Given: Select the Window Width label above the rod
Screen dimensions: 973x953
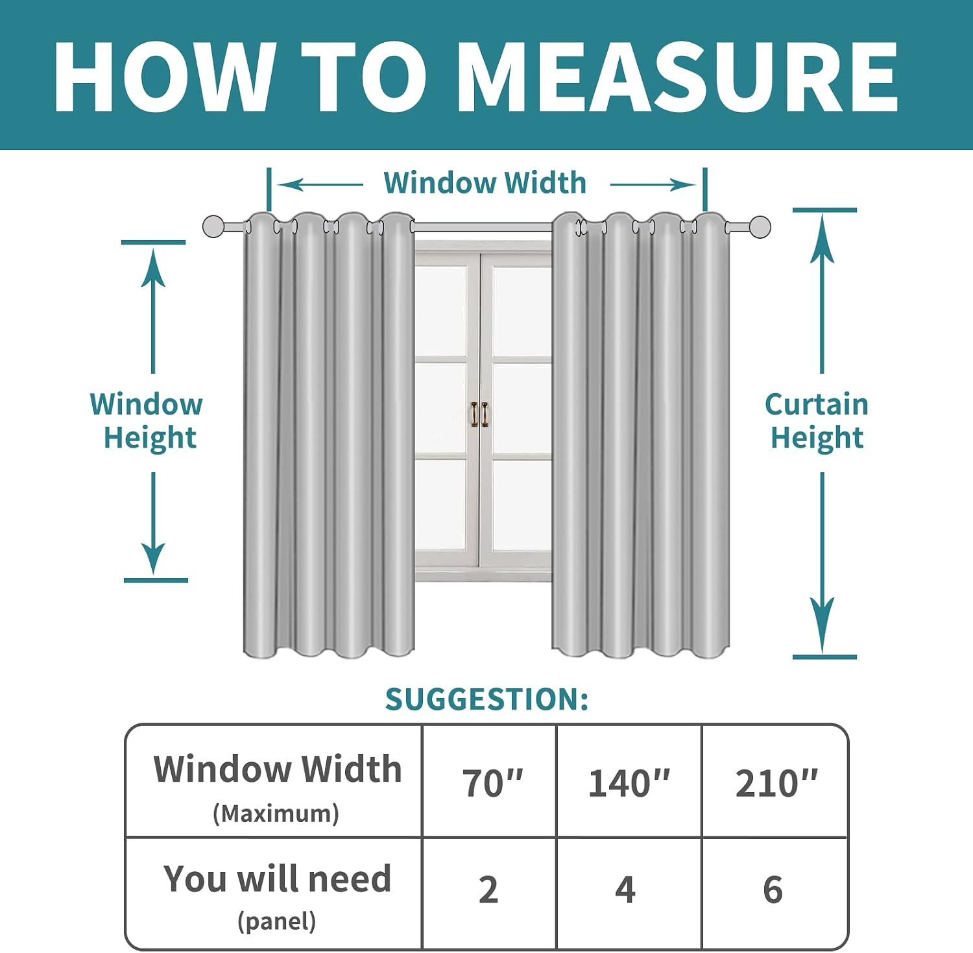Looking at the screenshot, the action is (x=485, y=183).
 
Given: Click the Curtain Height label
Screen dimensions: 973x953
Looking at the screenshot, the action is (x=817, y=421).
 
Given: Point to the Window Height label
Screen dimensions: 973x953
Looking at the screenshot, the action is (x=147, y=421).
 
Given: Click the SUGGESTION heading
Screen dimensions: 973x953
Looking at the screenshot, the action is (x=487, y=699).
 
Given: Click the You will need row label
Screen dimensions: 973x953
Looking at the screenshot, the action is (x=278, y=879).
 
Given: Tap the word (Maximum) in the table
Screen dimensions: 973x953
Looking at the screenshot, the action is (x=276, y=814).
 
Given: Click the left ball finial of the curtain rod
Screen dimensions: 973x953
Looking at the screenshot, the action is (x=213, y=227).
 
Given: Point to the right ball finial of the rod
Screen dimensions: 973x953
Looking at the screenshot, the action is (x=760, y=227).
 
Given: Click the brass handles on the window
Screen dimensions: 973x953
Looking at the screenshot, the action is (x=480, y=415).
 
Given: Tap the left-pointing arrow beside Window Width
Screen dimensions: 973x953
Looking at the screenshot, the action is (x=320, y=185).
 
